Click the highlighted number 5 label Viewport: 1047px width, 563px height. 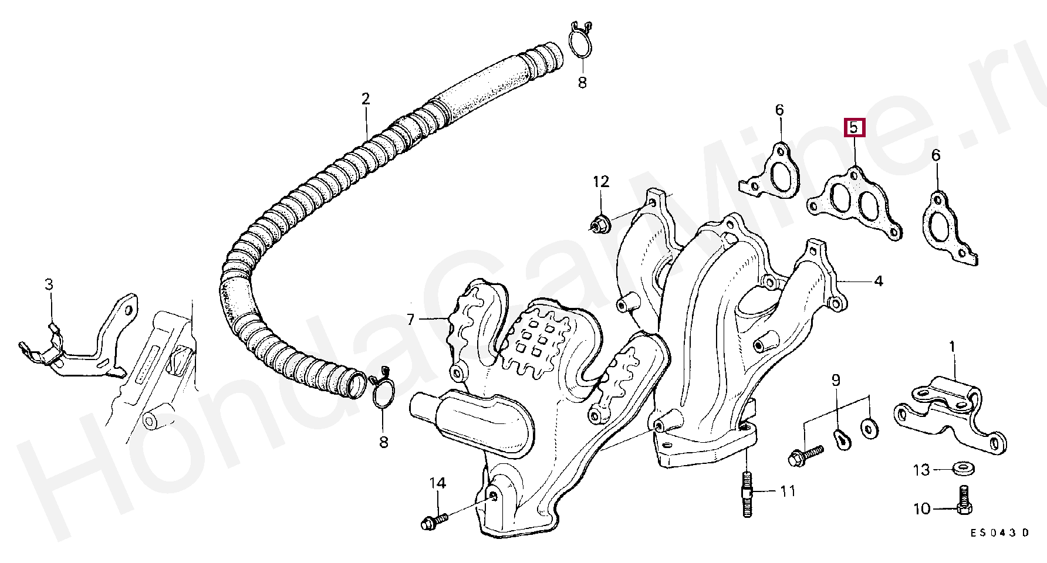click(x=854, y=127)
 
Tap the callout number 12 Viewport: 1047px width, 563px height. click(x=601, y=182)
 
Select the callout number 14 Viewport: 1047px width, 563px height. click(x=438, y=484)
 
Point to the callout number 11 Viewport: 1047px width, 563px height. click(x=787, y=490)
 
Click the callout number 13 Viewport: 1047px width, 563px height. click(x=921, y=470)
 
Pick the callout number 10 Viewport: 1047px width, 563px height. click(x=922, y=508)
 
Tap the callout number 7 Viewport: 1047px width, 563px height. click(x=411, y=320)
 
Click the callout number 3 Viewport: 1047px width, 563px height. click(x=49, y=284)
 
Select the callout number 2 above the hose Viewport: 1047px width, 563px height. click(x=366, y=99)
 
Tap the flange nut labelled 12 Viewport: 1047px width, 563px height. click(x=599, y=223)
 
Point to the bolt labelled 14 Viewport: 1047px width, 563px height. click(x=434, y=520)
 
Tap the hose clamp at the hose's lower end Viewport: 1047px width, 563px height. click(x=383, y=390)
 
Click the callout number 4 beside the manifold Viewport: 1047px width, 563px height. click(x=878, y=281)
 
